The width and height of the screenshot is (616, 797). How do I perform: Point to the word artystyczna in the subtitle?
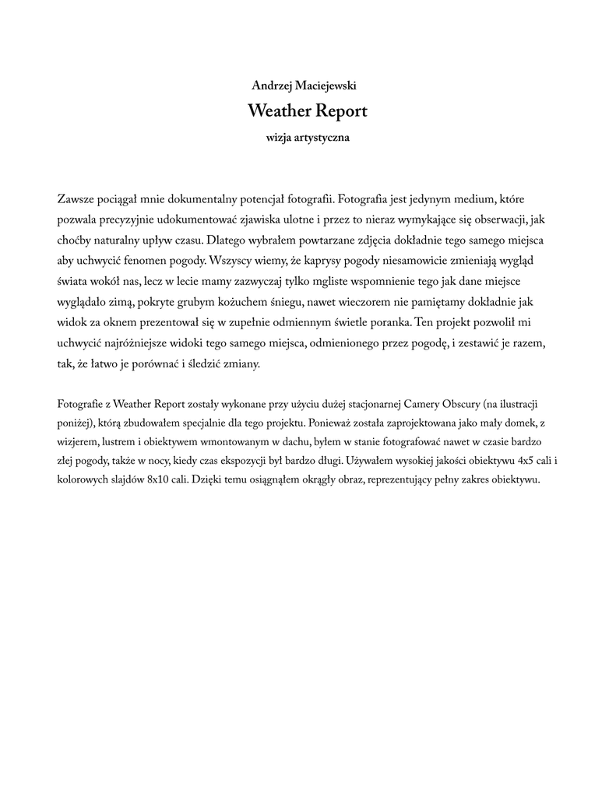pyautogui.click(x=322, y=138)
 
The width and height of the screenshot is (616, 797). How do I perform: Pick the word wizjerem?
pyautogui.click(x=78, y=442)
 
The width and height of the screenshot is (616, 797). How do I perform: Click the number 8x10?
pyautogui.click(x=162, y=479)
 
